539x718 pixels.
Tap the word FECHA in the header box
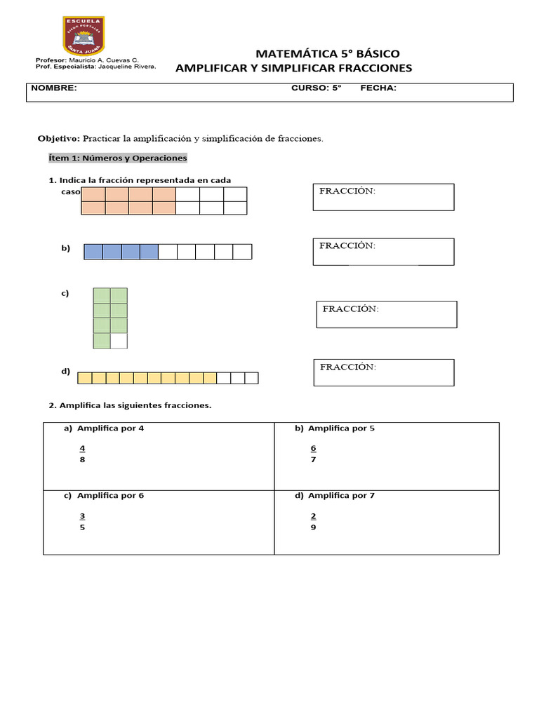click(378, 88)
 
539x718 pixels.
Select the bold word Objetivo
click(58, 139)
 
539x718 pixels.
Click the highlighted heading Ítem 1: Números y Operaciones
click(117, 158)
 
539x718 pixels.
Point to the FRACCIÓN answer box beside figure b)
click(383, 252)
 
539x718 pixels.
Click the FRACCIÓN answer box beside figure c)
click(387, 314)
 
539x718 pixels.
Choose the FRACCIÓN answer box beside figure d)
click(383, 372)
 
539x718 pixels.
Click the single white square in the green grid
click(119, 341)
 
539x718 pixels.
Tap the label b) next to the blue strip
click(65, 248)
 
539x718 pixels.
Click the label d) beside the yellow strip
click(65, 372)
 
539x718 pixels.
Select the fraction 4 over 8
click(82, 454)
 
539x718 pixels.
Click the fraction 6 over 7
click(313, 454)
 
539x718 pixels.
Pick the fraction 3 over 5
click(82, 522)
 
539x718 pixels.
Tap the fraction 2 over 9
click(313, 522)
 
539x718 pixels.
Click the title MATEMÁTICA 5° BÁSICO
click(328, 54)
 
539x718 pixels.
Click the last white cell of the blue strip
click(242, 252)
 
